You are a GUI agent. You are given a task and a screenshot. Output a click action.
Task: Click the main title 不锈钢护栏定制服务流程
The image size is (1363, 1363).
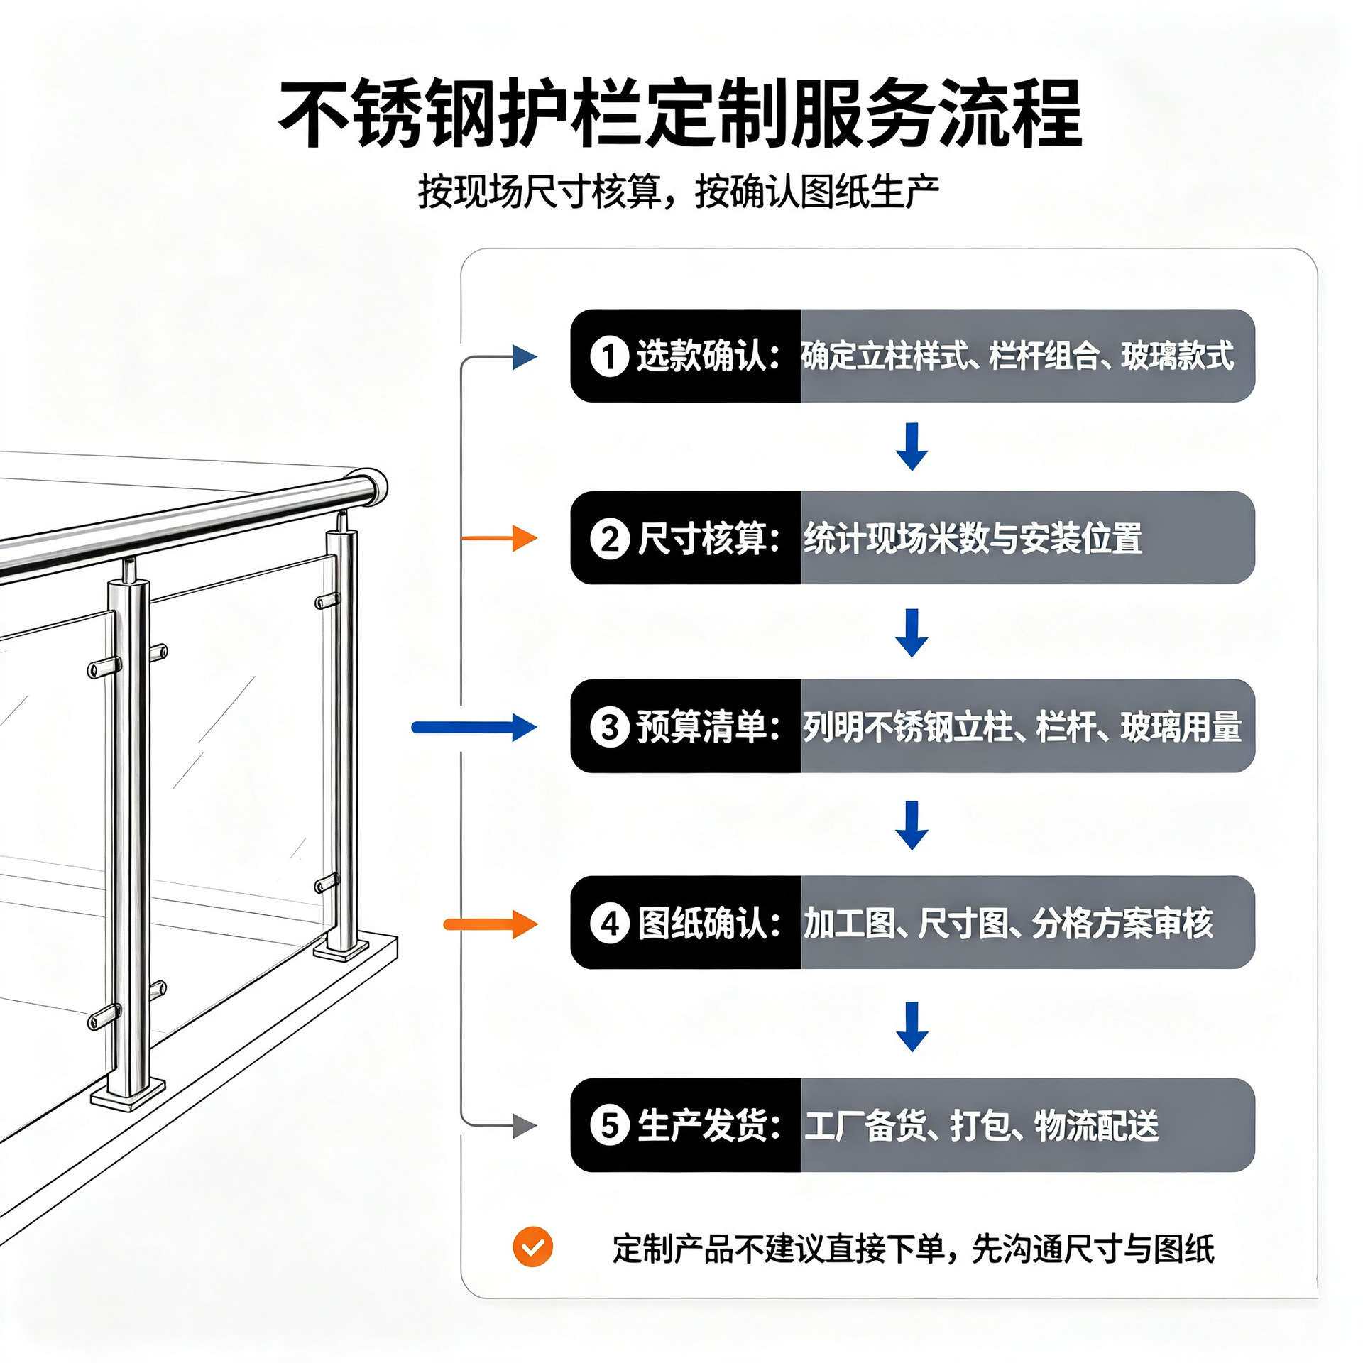pos(680,114)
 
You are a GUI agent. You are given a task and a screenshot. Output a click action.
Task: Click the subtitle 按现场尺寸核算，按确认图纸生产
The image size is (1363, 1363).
pos(679,191)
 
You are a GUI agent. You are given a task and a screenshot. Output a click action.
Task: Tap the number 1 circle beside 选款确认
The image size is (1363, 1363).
pos(609,356)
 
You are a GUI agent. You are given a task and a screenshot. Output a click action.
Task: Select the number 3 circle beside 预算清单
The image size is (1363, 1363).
pos(609,727)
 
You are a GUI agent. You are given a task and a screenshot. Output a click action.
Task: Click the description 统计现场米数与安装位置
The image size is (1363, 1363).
pos(973,538)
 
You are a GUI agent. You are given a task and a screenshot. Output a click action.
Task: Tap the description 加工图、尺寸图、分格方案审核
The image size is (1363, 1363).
pos(1008,923)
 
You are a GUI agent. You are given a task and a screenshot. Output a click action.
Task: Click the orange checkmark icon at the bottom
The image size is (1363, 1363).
pos(532,1247)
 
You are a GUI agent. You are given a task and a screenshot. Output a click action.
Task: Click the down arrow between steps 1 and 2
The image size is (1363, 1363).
pos(912,447)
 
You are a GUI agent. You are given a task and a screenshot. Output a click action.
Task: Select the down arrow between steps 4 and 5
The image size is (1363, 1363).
pos(912,1026)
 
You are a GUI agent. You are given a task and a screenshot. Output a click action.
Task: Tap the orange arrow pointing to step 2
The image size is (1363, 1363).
pos(499,538)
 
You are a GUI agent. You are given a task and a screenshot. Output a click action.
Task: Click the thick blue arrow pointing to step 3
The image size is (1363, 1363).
pos(474,727)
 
